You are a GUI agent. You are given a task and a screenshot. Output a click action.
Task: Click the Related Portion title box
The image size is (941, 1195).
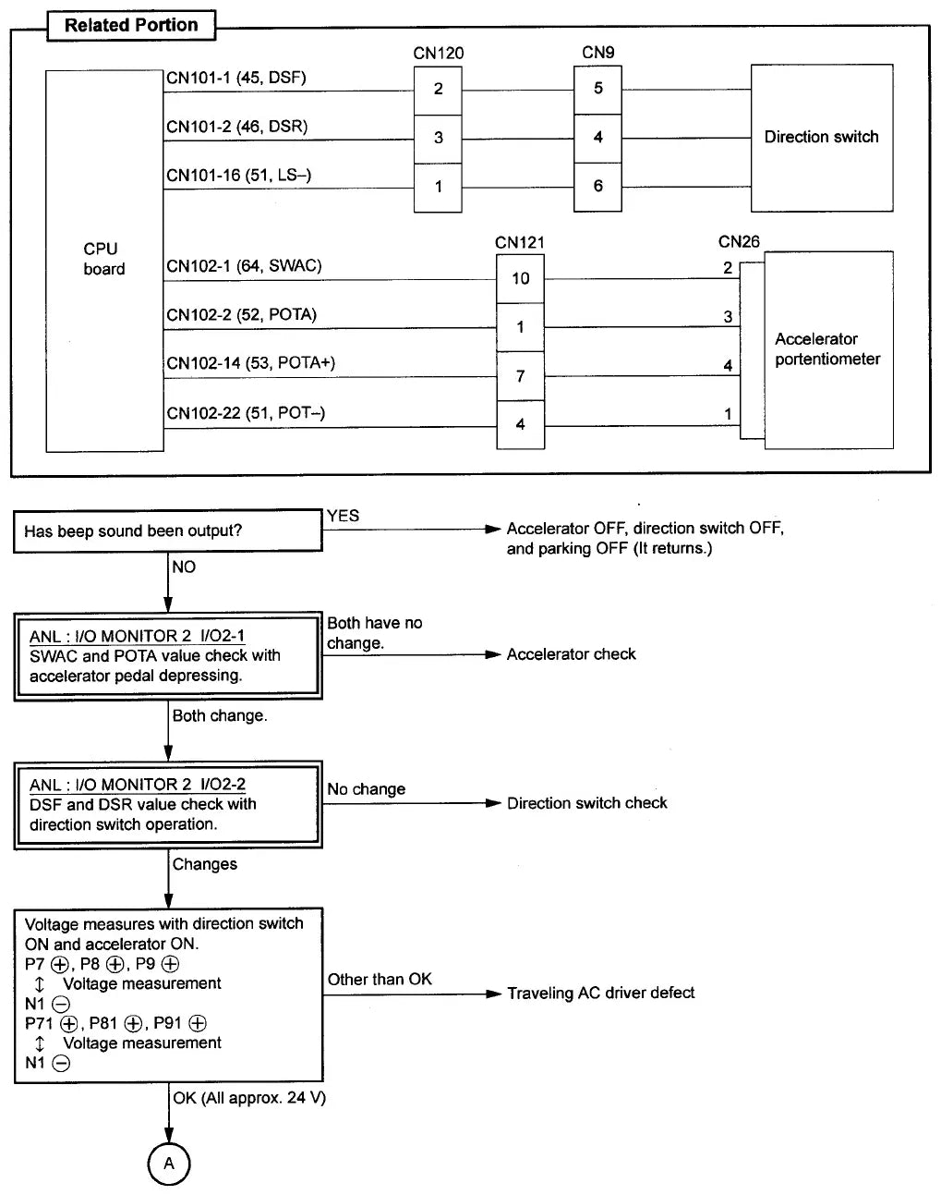coord(131,26)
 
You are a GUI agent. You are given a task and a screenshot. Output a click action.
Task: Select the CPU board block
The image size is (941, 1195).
coord(104,261)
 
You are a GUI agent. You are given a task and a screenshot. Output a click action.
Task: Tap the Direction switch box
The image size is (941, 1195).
coord(822,138)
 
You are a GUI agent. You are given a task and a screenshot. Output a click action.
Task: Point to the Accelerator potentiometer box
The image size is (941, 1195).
coord(828,350)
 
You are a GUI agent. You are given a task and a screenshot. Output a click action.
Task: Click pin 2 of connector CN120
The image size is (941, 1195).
coord(438,91)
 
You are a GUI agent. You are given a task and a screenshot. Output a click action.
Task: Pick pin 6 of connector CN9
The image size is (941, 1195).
coord(597,187)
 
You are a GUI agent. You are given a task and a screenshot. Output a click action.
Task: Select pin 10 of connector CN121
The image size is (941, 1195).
coord(520,279)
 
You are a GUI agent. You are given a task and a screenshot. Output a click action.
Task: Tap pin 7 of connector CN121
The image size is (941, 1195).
coord(520,376)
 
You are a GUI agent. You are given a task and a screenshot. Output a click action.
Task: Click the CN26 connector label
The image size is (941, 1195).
coord(739,241)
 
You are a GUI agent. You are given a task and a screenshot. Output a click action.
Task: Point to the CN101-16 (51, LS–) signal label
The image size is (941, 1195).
coord(238,176)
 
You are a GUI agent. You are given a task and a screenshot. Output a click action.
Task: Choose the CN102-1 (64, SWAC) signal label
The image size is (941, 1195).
coord(244,266)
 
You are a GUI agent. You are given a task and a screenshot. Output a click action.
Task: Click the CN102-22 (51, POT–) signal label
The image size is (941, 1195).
coord(246,413)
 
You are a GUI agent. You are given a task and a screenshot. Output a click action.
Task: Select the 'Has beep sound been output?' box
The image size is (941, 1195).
coord(167,530)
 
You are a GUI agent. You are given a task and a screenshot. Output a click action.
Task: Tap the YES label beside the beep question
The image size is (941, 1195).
coord(343,516)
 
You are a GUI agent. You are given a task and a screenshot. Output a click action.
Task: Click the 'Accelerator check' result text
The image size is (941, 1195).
coord(571,654)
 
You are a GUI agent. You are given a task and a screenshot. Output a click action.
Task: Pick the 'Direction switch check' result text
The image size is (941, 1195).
coord(587,803)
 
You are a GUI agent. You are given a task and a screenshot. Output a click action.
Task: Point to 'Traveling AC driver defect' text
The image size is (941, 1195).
coord(601,993)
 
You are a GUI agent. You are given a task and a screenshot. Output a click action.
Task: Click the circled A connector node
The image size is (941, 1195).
coord(169,1164)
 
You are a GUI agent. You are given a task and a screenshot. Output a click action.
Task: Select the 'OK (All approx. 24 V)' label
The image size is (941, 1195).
coord(249,1098)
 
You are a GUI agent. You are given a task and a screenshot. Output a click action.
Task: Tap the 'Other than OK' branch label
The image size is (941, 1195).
coord(380,979)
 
